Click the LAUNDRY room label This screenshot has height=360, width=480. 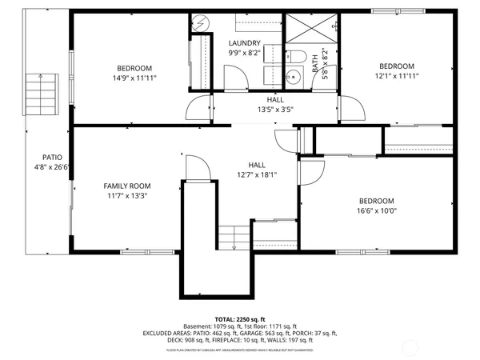pos(244,43)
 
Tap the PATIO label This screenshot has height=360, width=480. pos(53,158)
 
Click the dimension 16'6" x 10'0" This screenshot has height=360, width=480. pos(376,210)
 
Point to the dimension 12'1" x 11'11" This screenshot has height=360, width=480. pos(396,76)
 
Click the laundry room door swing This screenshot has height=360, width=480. pos(234,78)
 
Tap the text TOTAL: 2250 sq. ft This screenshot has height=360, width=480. pos(240,318)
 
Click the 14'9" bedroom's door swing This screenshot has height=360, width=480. pos(198,106)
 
